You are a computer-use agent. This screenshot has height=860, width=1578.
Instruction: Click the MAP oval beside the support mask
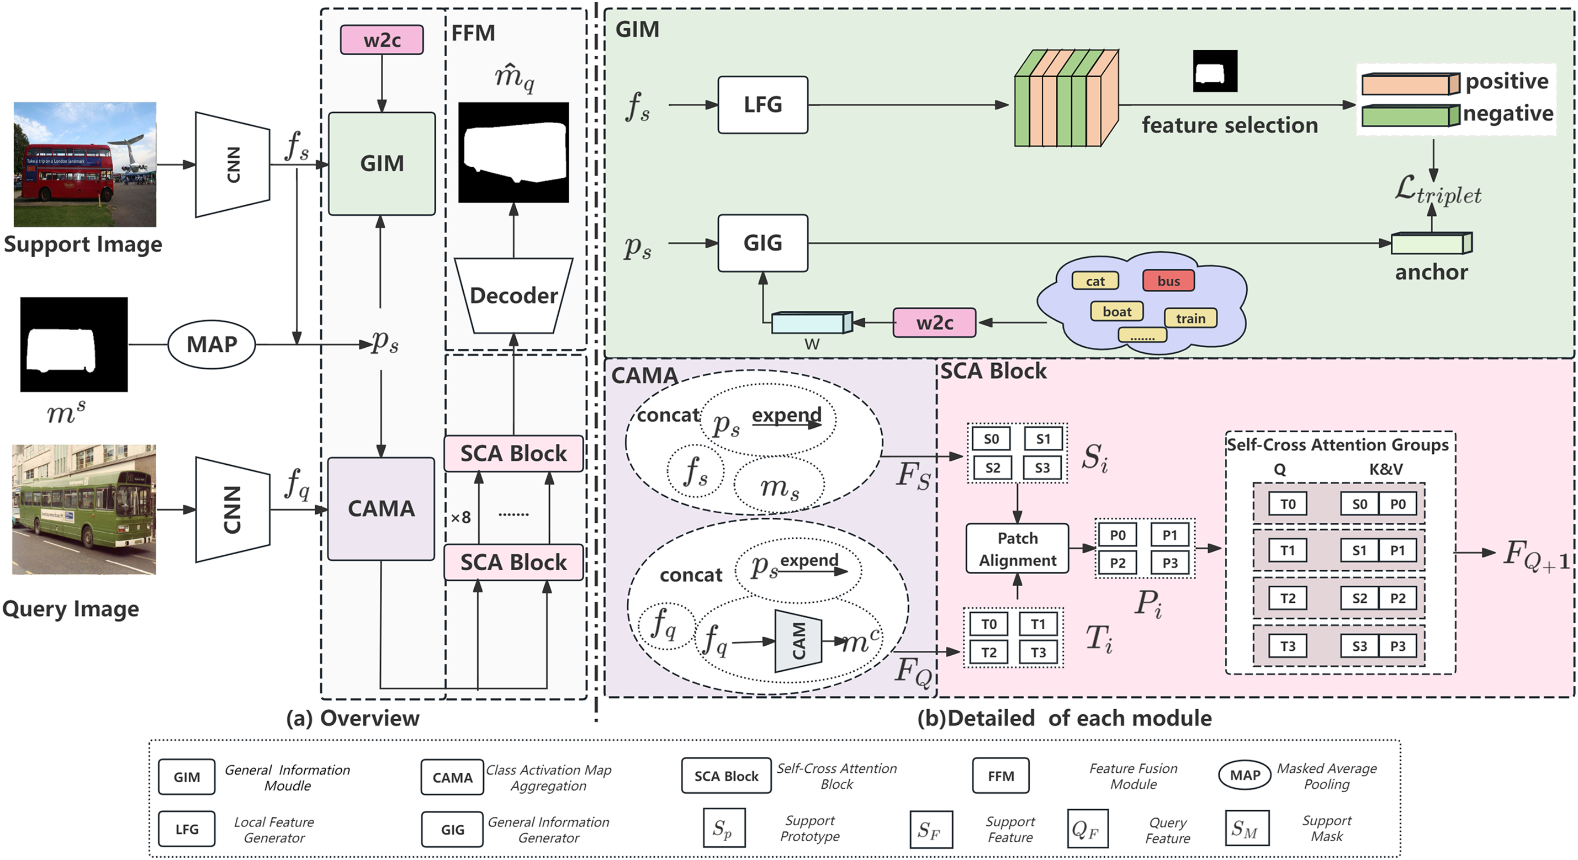[x=211, y=345]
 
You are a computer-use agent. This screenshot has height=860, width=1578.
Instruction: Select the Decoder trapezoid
[x=513, y=296]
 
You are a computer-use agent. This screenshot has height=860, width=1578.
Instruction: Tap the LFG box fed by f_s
[x=762, y=105]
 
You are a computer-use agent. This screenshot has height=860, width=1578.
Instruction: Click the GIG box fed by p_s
[x=762, y=243]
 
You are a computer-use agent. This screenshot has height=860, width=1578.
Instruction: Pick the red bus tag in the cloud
[x=1168, y=281]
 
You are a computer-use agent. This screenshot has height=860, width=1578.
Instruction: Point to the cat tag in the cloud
[x=1095, y=281]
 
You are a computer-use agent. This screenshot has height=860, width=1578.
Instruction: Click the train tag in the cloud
[x=1190, y=318]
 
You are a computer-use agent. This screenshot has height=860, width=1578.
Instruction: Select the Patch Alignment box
[x=1017, y=549]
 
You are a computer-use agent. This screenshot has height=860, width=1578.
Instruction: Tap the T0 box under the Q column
[x=1288, y=504]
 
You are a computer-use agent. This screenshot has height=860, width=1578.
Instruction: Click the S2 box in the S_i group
[x=992, y=468]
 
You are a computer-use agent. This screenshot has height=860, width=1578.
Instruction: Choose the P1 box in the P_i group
[x=1169, y=535]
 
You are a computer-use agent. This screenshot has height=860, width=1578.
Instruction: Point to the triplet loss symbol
[x=1437, y=190]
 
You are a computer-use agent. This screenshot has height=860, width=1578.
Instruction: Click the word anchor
[x=1431, y=272]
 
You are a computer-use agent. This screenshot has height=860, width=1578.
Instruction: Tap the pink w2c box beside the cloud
[x=934, y=323]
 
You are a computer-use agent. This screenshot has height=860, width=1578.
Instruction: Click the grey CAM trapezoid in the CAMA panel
[x=798, y=641]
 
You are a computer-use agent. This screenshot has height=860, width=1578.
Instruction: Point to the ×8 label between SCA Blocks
[x=460, y=518]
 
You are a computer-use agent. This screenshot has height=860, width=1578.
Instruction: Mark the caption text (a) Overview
[x=353, y=718]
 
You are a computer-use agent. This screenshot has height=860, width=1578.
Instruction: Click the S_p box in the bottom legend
[x=724, y=829]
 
